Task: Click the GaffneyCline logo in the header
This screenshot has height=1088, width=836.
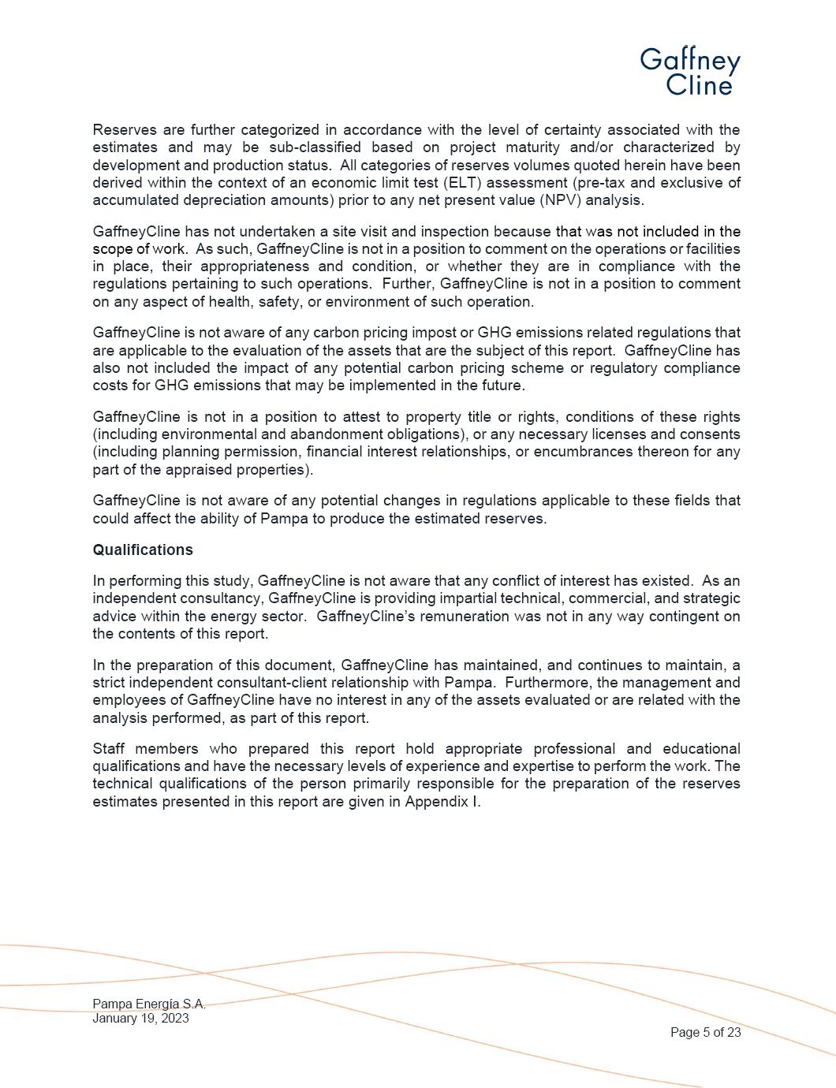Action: tap(690, 72)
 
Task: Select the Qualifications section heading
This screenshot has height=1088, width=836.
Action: tap(143, 550)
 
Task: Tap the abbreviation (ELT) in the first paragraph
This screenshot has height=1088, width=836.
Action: tap(465, 183)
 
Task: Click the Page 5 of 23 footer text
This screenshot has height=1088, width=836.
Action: tap(705, 1033)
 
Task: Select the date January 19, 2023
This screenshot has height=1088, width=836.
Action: tap(140, 1018)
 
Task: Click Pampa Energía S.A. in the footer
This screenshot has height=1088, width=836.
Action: tap(148, 1004)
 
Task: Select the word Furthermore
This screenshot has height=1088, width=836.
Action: tap(559, 683)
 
